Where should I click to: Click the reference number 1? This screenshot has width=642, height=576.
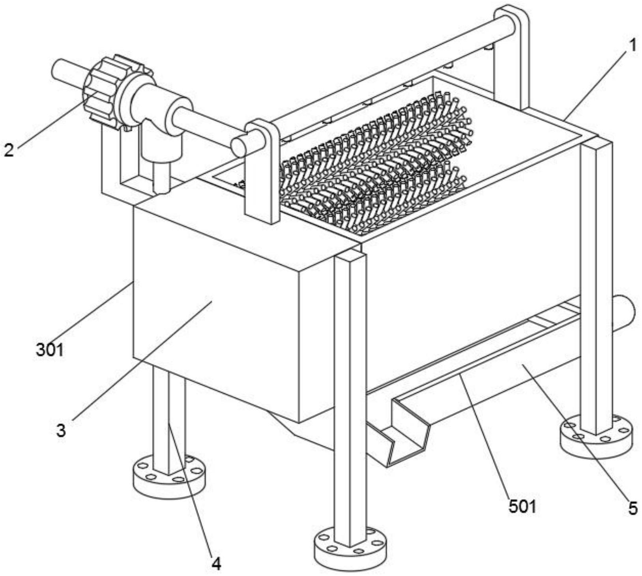coord(632,46)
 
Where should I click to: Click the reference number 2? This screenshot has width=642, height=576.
coord(9,150)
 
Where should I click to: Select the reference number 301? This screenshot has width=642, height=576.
coord(50,350)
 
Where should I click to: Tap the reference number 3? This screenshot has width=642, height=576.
coord(61,430)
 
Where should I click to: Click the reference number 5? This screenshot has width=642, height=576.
coord(633,508)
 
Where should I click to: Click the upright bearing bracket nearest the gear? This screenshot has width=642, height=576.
coord(262,172)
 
